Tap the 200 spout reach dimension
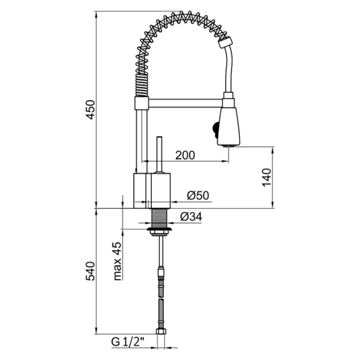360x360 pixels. (185, 155)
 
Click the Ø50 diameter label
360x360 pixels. (197, 195)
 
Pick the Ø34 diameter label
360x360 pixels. (191, 216)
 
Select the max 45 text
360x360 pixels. (118, 261)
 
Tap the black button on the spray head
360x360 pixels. (214, 128)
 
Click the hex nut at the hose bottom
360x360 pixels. (160, 332)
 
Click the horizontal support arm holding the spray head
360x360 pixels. (183, 103)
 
